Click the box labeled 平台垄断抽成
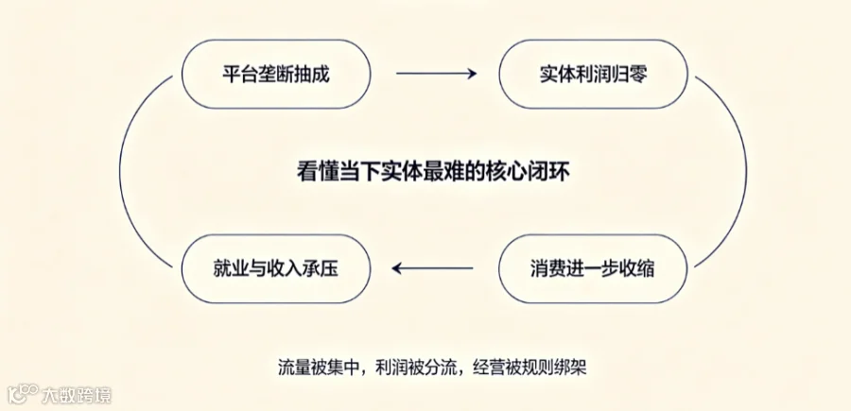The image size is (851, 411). point(276,74)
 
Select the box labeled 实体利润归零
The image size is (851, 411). point(593,74)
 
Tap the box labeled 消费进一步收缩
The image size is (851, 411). point(593,268)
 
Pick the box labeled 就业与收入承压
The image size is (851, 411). point(276,268)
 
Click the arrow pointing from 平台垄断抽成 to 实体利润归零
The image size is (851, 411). point(436,73)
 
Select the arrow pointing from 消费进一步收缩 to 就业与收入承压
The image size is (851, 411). point(432,267)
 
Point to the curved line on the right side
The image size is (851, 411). point(746,171)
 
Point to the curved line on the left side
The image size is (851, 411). point(120,171)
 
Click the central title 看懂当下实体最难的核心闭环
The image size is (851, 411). point(433,171)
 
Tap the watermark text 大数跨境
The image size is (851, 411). point(77,395)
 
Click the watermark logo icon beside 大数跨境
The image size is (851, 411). point(23,394)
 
